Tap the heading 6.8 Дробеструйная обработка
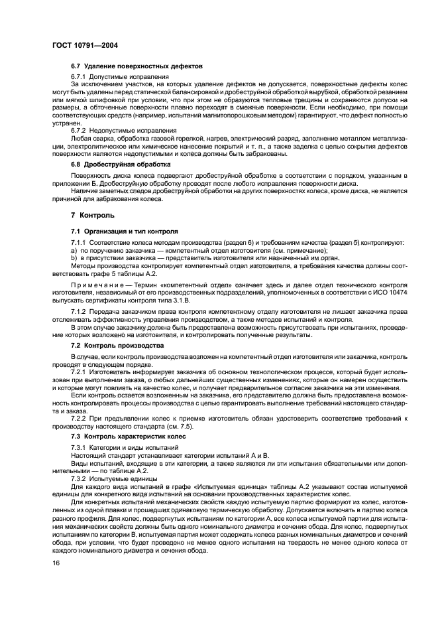pyautogui.click(x=121, y=163)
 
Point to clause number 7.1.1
pyautogui.click(x=79, y=242)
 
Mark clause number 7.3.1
pyautogui.click(x=79, y=449)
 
